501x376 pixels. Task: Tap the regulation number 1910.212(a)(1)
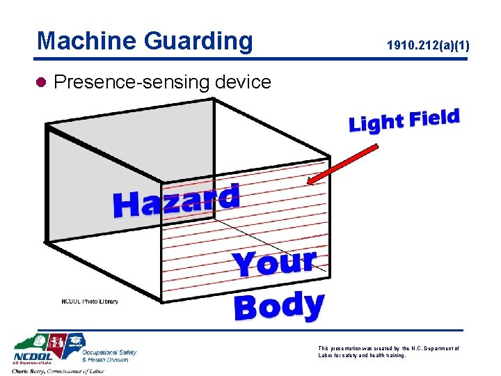428,47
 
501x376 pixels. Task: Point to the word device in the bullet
243,82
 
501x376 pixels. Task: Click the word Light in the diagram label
376,123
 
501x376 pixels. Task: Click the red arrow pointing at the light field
344,165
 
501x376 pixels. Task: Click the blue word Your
274,263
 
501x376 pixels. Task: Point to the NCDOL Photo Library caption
90,301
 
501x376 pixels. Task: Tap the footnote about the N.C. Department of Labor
388,352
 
